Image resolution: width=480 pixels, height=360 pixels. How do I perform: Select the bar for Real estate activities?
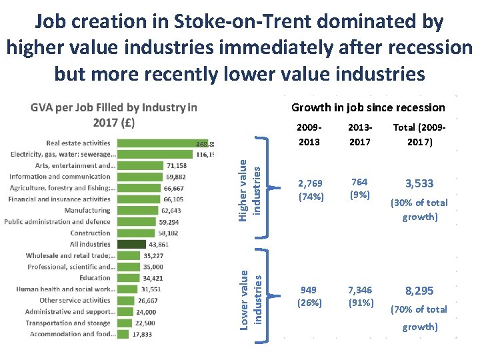pos(155,143)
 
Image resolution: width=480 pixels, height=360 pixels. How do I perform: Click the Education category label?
pos(95,278)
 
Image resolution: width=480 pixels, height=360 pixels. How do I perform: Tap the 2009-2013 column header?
pos(309,134)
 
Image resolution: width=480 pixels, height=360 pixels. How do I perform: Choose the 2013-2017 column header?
pos(359,134)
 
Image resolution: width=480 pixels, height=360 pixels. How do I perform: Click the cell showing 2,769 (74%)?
pos(309,189)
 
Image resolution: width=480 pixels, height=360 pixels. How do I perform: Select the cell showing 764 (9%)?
pos(359,189)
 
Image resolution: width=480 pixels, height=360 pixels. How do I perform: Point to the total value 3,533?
pos(419,183)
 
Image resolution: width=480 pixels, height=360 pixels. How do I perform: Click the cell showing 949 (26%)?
pos(309,296)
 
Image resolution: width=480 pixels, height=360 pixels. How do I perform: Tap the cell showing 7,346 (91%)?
pos(359,296)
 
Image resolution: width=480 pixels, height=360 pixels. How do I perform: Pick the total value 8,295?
pos(419,291)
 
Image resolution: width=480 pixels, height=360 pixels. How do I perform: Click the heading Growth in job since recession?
pos(368,107)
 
